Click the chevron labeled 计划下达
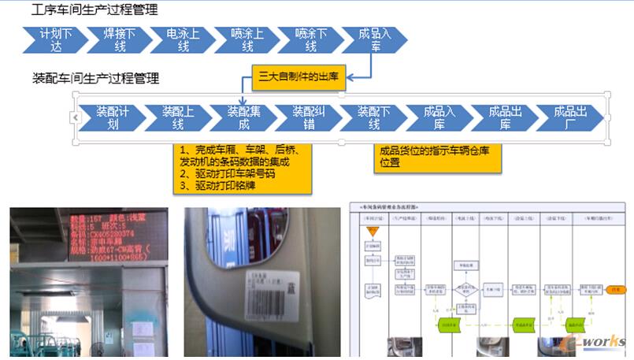point(55,40)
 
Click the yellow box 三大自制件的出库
point(299,77)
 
